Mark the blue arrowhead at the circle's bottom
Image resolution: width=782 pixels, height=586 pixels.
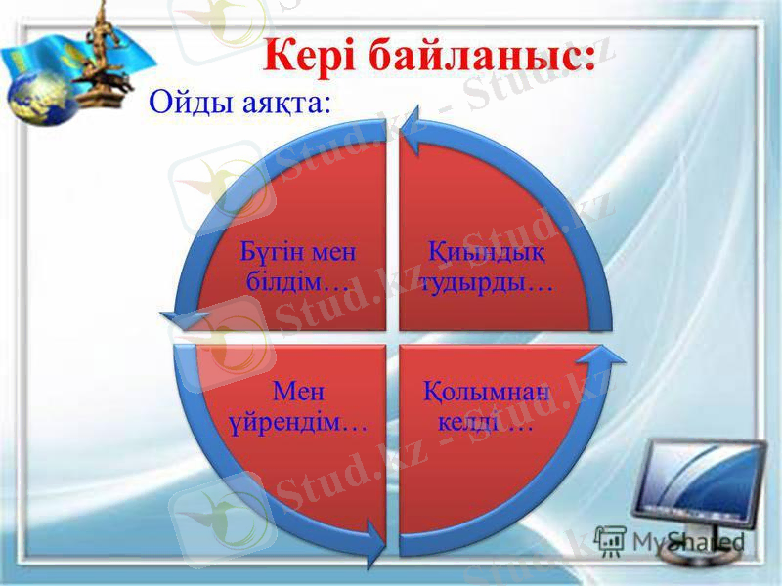pos(376,534)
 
